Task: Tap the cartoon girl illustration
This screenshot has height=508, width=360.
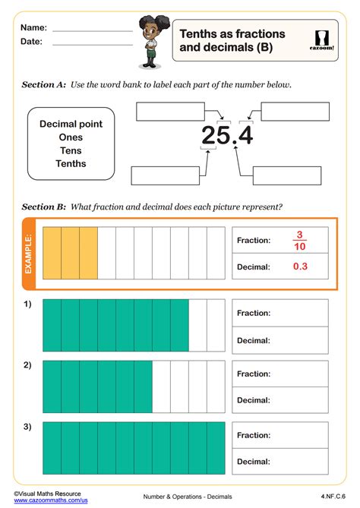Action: pos(148,42)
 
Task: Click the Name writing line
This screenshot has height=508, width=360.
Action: pos(92,31)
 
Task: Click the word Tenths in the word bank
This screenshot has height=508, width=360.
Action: pos(71,163)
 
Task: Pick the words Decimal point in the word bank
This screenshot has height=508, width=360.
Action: pos(71,124)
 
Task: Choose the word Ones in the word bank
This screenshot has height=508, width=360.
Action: pos(71,137)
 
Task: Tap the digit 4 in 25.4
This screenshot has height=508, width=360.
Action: pos(244,135)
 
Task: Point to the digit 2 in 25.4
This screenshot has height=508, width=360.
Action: pos(209,135)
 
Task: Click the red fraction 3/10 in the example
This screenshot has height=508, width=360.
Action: pos(299,240)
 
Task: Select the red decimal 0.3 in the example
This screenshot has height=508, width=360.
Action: pos(300,267)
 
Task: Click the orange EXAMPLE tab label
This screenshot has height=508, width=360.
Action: pos(30,253)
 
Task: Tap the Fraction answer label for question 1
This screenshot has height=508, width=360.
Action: pos(254,313)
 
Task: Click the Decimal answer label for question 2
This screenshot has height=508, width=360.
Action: pos(254,400)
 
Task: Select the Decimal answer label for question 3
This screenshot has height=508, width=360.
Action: pos(254,461)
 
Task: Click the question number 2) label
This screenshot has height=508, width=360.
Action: pos(27,365)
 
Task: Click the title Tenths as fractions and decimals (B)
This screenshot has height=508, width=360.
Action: pos(232,41)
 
